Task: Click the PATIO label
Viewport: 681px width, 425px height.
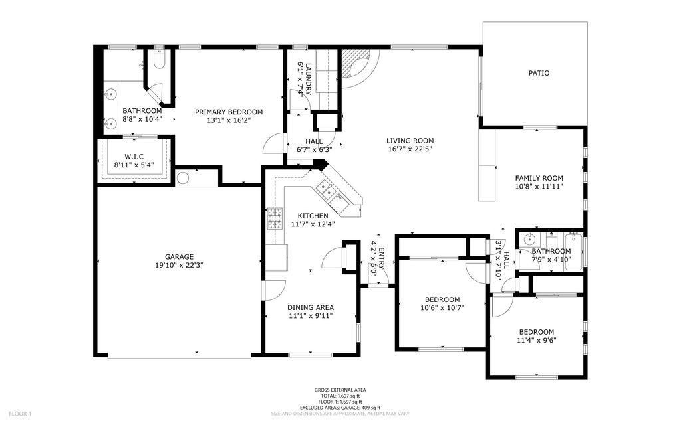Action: tap(539, 73)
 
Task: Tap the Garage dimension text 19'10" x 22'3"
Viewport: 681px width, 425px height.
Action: tap(179, 265)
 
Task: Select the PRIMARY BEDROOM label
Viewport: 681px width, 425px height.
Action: tap(229, 112)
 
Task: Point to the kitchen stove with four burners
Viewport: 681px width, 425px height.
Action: tap(274, 219)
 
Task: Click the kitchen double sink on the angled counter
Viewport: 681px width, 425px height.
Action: tap(328, 191)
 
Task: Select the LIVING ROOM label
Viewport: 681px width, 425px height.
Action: tap(410, 141)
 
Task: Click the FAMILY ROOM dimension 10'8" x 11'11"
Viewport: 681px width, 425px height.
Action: tap(539, 187)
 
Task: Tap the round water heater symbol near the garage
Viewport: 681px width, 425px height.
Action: tap(183, 178)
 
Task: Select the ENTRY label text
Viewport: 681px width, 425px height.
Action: tap(381, 253)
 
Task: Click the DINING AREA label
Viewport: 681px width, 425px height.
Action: tap(311, 307)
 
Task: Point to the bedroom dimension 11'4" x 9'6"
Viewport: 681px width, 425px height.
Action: tap(537, 340)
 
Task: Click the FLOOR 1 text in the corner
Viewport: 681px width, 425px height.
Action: tap(20, 414)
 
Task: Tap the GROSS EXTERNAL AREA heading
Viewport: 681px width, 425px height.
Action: tap(340, 390)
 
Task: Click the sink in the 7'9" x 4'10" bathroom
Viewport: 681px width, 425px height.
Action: tap(529, 240)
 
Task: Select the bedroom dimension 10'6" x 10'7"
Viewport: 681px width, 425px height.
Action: tap(442, 307)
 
